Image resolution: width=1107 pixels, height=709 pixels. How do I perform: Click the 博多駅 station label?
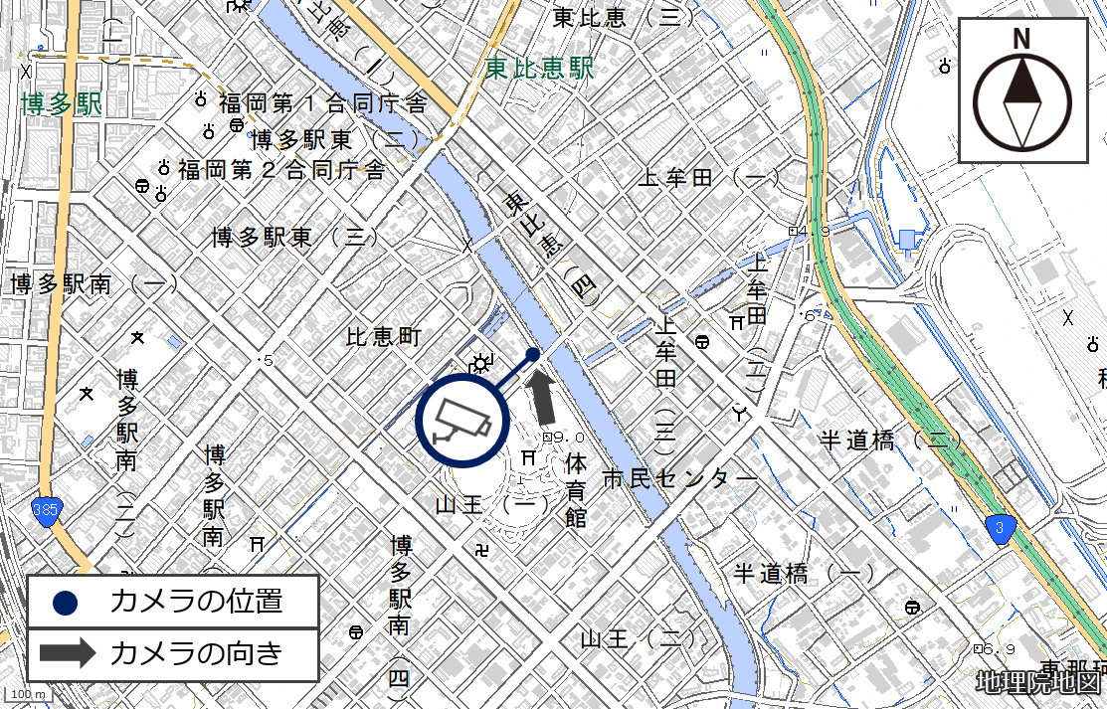(62, 103)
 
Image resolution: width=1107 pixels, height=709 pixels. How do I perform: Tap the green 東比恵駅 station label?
(539, 68)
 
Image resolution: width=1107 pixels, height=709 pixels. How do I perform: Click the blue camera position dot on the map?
(533, 354)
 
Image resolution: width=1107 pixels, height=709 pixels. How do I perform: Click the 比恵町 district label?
(384, 337)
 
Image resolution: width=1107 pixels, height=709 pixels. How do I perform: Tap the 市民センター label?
(680, 479)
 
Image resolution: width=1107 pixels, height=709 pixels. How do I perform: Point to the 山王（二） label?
(640, 637)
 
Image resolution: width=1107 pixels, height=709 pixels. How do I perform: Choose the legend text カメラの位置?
(196, 601)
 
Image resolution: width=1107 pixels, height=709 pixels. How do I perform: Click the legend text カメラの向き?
(196, 653)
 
